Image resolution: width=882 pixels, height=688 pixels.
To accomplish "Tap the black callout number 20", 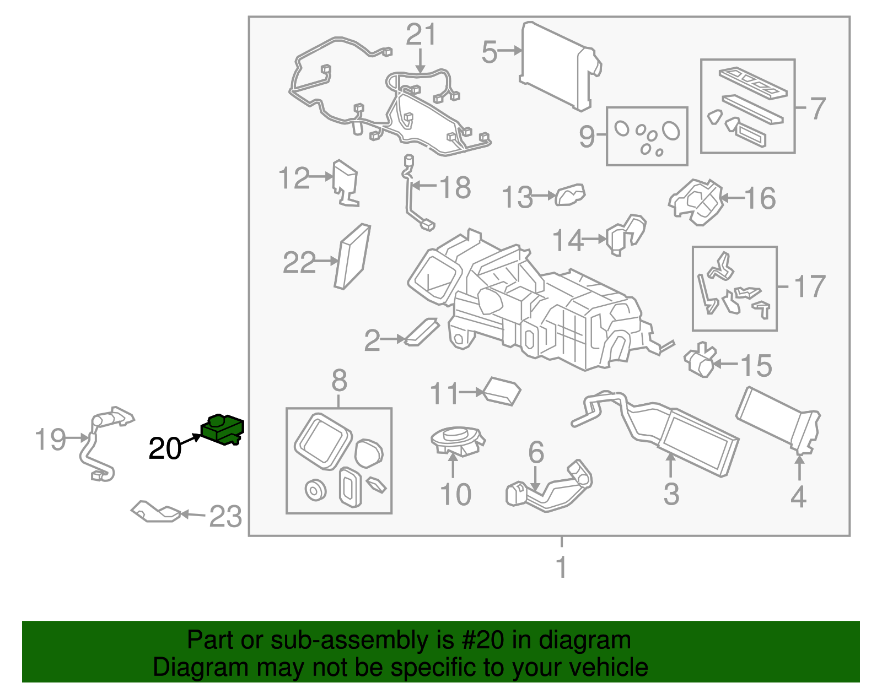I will point(164,449).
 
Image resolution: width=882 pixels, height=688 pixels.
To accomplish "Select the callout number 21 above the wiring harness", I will point(421,35).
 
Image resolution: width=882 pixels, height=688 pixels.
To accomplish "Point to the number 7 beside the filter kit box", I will point(818,109).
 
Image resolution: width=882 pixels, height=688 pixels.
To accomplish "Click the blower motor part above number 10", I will point(456,441).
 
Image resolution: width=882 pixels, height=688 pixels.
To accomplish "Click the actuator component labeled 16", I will point(696,202).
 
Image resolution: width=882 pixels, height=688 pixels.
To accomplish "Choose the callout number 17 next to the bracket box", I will point(809,286).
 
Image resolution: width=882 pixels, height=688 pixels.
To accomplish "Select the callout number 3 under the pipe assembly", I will point(671,494).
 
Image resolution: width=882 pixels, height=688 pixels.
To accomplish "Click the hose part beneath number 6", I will point(548,487).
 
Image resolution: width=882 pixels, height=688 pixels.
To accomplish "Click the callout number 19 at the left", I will point(50,440).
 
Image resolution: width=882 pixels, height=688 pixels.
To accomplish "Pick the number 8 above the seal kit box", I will point(339,380).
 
